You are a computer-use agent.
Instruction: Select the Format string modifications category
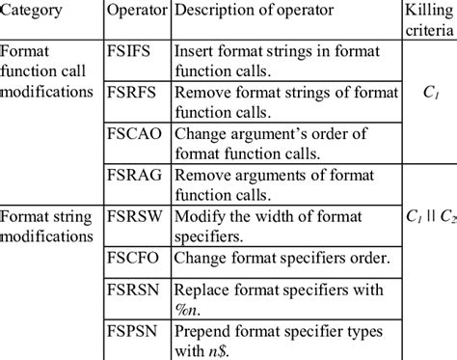click(x=50, y=224)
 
